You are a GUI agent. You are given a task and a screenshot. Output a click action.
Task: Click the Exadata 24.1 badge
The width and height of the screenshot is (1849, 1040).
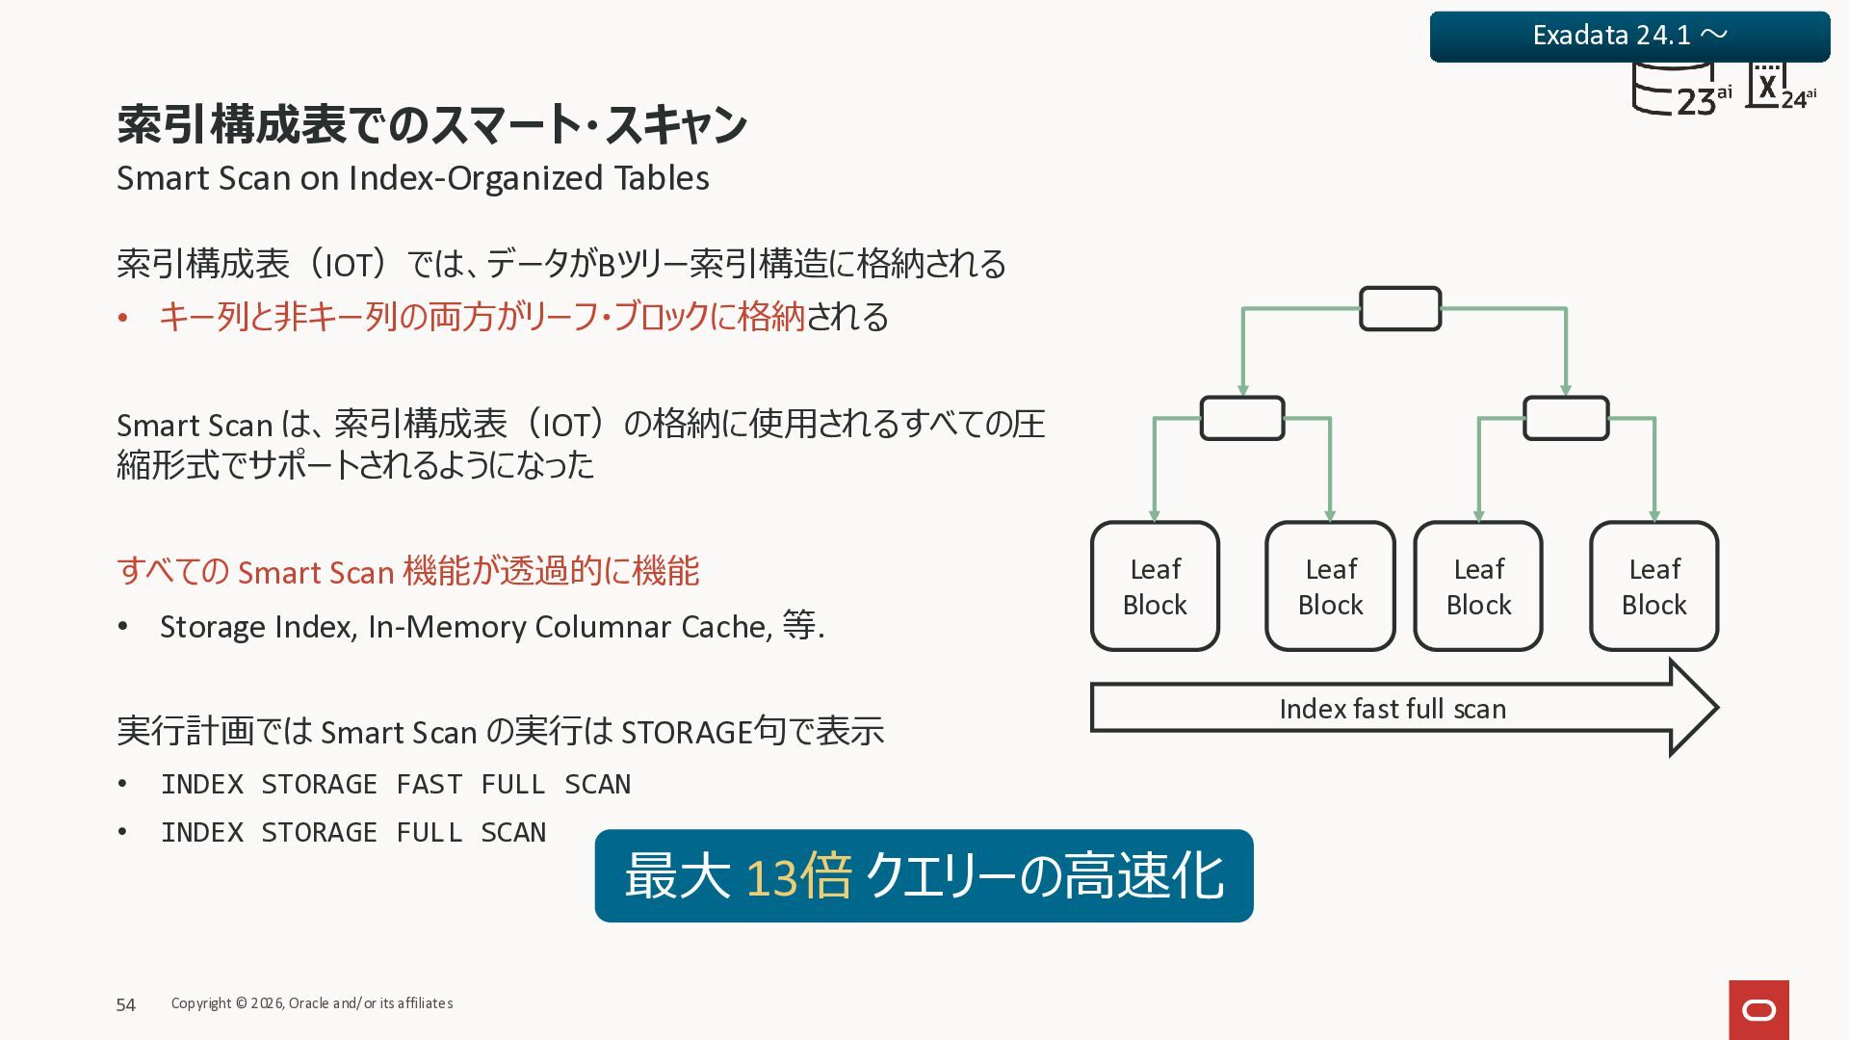[1628, 37]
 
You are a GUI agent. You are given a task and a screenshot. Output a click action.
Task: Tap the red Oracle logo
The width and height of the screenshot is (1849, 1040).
[1758, 1009]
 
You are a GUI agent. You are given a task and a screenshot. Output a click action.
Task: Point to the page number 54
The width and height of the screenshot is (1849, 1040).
[126, 1004]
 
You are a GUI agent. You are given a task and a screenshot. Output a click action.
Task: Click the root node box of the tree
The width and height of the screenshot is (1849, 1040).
[1400, 309]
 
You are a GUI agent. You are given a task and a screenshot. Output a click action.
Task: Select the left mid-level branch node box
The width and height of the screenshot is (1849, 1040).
[1242, 418]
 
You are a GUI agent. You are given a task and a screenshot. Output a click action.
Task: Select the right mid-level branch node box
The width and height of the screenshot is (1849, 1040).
[1566, 418]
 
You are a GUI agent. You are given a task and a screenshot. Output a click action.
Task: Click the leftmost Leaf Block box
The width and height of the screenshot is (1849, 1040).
[1155, 586]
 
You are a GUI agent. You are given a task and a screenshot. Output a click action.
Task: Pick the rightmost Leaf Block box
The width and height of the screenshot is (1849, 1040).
[1654, 586]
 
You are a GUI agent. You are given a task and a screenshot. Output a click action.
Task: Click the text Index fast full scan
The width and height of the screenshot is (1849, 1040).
[1393, 709]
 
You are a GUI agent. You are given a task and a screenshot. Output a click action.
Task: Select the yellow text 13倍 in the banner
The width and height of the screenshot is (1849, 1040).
[798, 876]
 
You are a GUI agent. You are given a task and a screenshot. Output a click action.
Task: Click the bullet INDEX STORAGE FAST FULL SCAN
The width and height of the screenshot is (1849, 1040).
[396, 784]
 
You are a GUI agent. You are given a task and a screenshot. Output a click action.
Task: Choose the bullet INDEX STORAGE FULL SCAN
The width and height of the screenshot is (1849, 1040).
[353, 832]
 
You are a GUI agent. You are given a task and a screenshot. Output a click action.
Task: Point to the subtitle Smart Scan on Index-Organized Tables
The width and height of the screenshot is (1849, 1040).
[412, 178]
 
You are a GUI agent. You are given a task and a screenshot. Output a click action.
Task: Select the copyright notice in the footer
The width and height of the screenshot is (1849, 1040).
[312, 1003]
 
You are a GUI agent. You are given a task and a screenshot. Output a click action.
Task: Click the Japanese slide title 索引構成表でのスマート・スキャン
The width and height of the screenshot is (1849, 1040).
[431, 125]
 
